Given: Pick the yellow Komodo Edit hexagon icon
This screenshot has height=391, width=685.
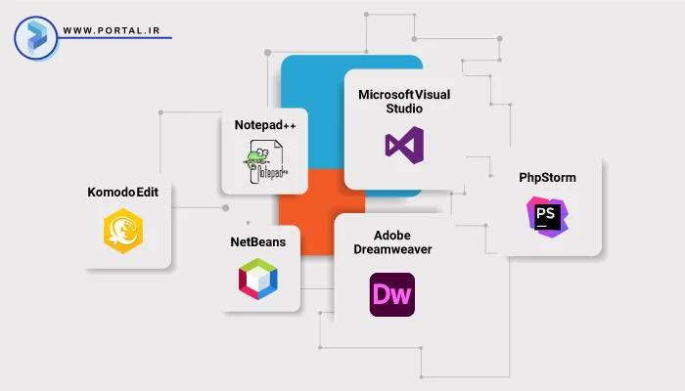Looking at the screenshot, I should [x=123, y=233].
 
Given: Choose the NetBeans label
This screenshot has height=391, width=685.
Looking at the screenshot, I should [x=258, y=241].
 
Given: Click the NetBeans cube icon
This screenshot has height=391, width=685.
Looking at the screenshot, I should [x=258, y=280].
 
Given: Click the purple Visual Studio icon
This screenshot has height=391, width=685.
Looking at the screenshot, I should [x=403, y=146].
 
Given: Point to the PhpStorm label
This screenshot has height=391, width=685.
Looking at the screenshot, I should [x=547, y=179].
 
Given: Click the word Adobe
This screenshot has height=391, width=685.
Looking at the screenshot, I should [x=391, y=236].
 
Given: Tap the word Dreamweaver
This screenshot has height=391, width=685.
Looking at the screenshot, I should [x=392, y=249].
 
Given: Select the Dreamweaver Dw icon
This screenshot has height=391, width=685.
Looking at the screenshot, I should [x=391, y=294].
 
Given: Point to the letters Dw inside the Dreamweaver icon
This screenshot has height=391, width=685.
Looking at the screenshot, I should [x=391, y=295].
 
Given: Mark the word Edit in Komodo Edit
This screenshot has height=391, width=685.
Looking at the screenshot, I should [x=156, y=193].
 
